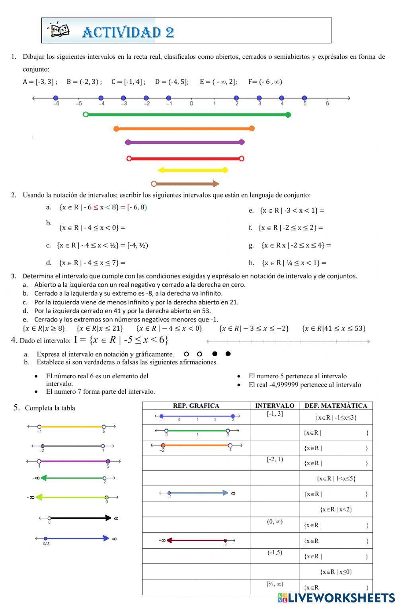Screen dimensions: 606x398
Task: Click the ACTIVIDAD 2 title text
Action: click(x=128, y=32)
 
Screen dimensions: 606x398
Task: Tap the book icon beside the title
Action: click(x=59, y=30)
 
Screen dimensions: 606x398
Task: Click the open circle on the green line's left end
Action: click(x=86, y=114)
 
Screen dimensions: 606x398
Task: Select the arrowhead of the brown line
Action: click(x=216, y=184)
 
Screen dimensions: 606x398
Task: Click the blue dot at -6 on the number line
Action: click(x=56, y=98)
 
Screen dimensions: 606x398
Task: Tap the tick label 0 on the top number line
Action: click(x=191, y=104)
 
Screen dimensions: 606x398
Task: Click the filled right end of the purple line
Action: click(x=242, y=142)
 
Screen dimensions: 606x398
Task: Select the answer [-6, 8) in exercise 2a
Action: click(x=137, y=207)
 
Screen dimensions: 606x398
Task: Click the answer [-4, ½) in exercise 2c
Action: click(x=137, y=245)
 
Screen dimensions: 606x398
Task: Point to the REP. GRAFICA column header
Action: click(x=196, y=406)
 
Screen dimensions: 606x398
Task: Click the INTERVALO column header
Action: click(x=275, y=406)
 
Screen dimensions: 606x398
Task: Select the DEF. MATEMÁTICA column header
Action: click(x=336, y=406)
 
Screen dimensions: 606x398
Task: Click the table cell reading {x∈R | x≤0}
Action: click(x=336, y=572)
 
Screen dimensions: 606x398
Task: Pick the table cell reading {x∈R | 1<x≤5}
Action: click(x=336, y=478)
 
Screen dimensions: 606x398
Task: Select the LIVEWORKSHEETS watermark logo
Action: click(x=336, y=598)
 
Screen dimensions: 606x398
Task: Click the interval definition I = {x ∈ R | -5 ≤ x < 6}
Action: click(x=121, y=340)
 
